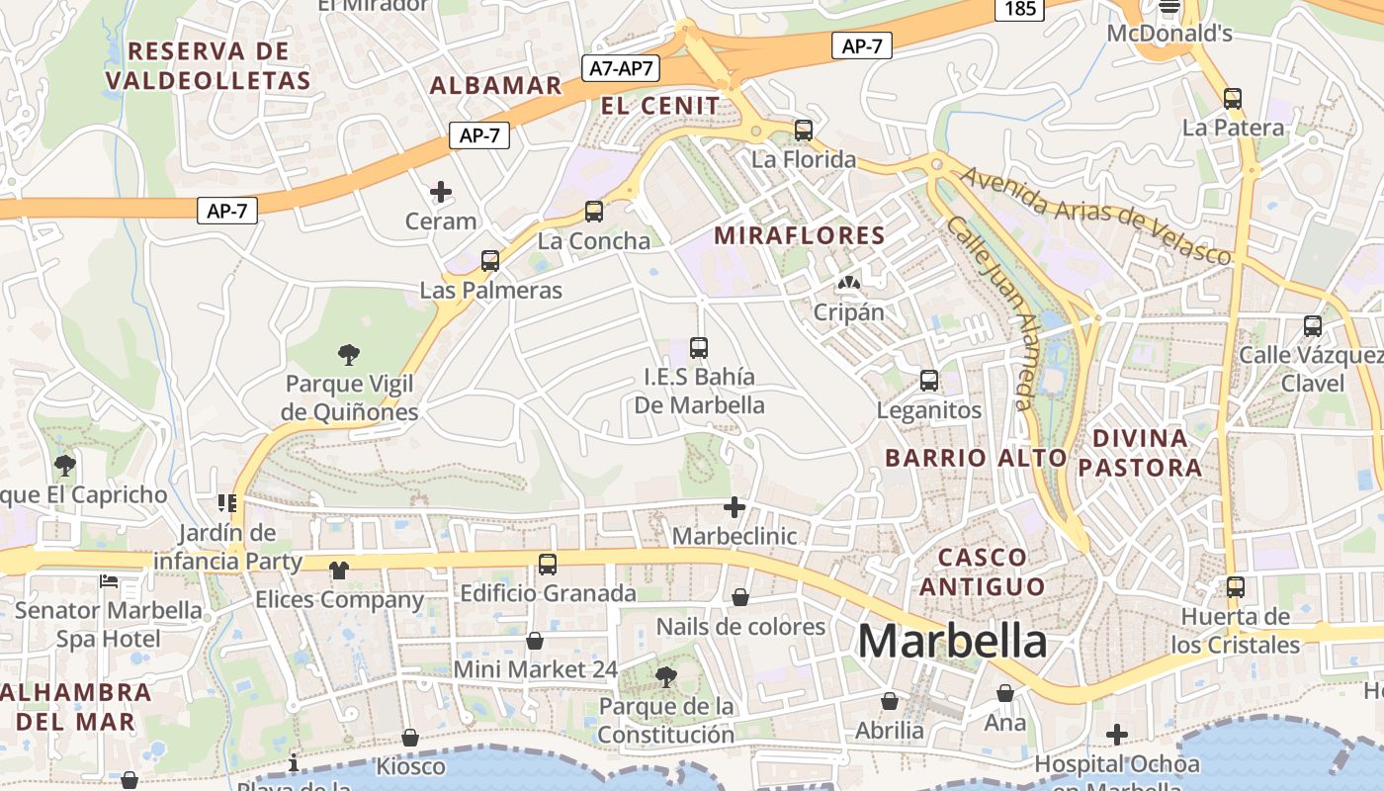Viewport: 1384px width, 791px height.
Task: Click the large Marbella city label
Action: (x=952, y=641)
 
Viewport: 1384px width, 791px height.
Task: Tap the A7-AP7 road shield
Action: (x=622, y=68)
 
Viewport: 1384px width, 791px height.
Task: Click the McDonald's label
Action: (x=1169, y=34)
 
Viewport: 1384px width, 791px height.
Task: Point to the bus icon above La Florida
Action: (x=804, y=131)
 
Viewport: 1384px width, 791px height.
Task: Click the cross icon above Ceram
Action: (x=441, y=192)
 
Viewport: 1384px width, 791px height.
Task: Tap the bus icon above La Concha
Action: (x=594, y=212)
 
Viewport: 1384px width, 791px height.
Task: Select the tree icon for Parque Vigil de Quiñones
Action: (x=348, y=354)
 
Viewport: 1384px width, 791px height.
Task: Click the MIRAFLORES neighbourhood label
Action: (x=800, y=235)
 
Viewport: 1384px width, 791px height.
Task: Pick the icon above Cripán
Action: (x=848, y=284)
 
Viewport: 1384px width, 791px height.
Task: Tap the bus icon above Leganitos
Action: (x=929, y=381)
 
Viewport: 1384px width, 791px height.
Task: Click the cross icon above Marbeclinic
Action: (x=735, y=507)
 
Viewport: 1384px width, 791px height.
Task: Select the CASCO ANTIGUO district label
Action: (x=983, y=571)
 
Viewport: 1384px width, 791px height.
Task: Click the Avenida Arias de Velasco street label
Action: (x=1096, y=215)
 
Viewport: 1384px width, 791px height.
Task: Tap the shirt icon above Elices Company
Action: (x=339, y=571)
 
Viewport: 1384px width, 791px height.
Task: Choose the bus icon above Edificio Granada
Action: (x=548, y=565)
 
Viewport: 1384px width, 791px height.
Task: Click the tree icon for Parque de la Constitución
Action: (x=666, y=677)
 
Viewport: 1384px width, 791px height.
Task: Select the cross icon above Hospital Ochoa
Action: (x=1117, y=735)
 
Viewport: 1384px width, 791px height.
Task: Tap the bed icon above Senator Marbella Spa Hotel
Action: (x=109, y=581)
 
